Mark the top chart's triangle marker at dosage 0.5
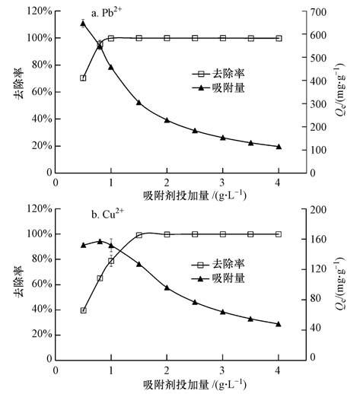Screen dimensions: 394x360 [x=83, y=23]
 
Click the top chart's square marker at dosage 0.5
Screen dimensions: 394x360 [x=83, y=78]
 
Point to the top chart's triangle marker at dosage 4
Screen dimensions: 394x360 [x=279, y=146]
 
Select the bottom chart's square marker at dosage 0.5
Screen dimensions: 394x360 [x=83, y=310]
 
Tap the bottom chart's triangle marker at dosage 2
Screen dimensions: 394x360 [x=167, y=288]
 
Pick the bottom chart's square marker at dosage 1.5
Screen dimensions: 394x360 [x=139, y=235]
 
